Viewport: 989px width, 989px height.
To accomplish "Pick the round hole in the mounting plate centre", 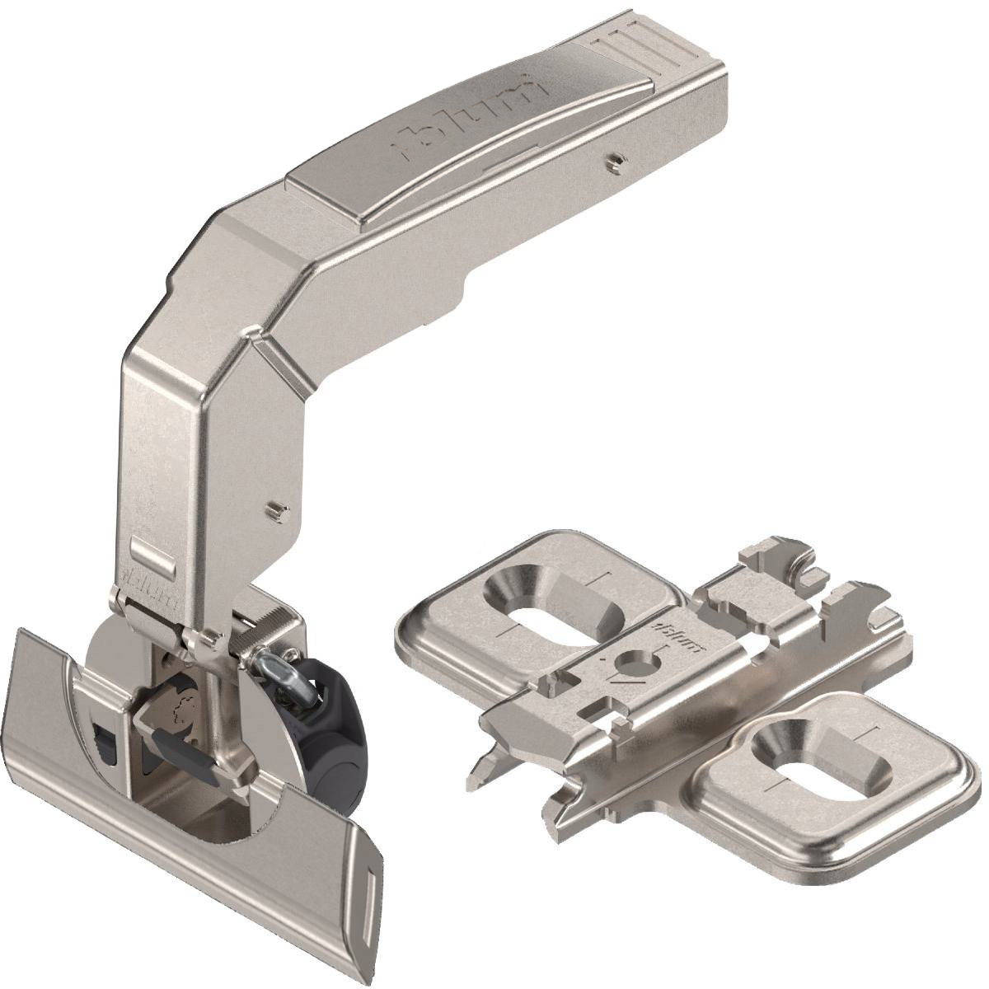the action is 635,661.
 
